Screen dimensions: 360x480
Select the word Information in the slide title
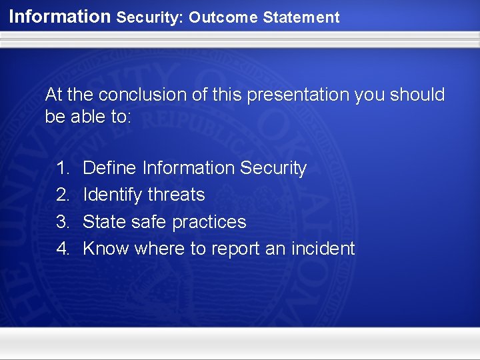click(x=60, y=17)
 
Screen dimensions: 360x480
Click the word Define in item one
click(x=110, y=168)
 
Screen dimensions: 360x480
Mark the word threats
click(x=176, y=195)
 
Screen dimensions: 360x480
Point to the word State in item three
click(x=103, y=221)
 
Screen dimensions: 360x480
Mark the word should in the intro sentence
click(x=418, y=95)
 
